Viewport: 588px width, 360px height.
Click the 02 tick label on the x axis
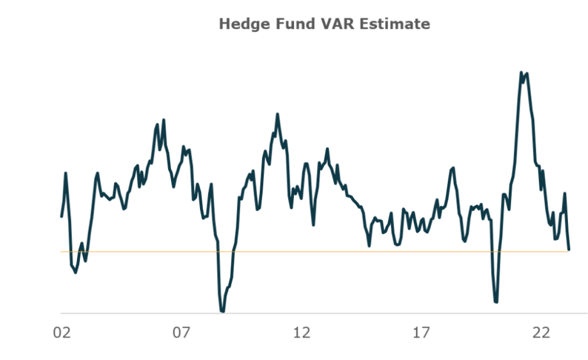click(x=61, y=333)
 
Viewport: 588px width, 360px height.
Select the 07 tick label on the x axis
click(x=181, y=333)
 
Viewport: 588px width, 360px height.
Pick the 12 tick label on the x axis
click(x=301, y=333)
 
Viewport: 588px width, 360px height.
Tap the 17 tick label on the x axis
click(x=421, y=333)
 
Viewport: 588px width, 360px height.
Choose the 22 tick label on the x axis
click(x=541, y=333)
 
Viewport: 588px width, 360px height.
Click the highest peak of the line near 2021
click(x=521, y=72)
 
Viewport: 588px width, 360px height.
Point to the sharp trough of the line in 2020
click(x=496, y=302)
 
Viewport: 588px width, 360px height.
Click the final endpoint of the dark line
click(x=569, y=249)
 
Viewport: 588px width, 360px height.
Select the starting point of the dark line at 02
click(x=62, y=216)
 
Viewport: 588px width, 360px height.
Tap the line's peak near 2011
click(x=277, y=115)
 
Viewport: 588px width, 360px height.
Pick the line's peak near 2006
click(x=164, y=120)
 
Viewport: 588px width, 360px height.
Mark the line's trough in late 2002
click(x=75, y=272)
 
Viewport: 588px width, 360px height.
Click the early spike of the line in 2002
click(x=66, y=173)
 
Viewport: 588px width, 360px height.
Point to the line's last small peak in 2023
click(x=565, y=194)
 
